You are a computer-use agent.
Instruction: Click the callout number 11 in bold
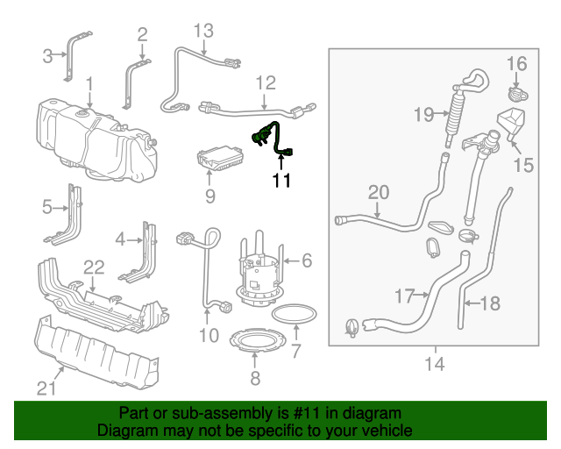(x=280, y=182)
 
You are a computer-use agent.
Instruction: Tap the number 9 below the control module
(x=209, y=196)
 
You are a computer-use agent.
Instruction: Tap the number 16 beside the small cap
(x=516, y=63)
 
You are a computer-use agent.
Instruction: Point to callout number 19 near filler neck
(x=424, y=114)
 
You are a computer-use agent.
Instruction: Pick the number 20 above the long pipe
(x=378, y=192)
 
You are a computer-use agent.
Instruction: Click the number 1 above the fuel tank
(x=89, y=83)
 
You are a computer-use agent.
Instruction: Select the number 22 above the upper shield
(x=93, y=266)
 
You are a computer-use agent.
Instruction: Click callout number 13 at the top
(x=202, y=32)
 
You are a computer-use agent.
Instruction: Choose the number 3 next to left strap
(x=48, y=57)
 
